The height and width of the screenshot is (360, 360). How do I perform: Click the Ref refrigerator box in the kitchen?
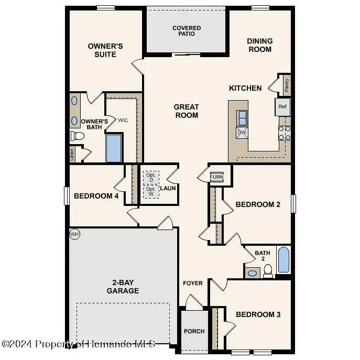coord(282,107)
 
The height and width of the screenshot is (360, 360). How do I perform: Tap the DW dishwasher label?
coord(242,133)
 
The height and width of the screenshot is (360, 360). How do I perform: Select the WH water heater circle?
coord(74,234)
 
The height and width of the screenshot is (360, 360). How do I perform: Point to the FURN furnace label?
coord(216,177)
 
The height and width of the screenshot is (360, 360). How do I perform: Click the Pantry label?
coord(287,85)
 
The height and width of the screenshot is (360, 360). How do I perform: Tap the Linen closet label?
coord(72,154)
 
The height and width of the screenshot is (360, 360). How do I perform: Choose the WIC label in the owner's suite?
coord(123,121)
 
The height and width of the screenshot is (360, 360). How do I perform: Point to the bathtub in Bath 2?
coord(283,260)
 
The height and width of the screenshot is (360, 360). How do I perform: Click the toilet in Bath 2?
coord(268,270)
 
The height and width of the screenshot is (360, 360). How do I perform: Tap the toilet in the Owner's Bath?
coord(78,136)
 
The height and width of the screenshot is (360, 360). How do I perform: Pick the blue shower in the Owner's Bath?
coord(114,148)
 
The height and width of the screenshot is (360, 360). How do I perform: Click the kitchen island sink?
coord(242,117)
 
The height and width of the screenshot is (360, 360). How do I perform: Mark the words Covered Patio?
coord(187,31)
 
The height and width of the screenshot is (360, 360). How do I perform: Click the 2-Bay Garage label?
coord(123,286)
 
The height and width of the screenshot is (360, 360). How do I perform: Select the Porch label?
coord(194,331)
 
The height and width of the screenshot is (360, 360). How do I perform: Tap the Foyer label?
coord(193,283)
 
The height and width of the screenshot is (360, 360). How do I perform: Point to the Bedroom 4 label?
coord(96,196)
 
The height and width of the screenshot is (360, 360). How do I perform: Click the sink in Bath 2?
coord(252,273)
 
